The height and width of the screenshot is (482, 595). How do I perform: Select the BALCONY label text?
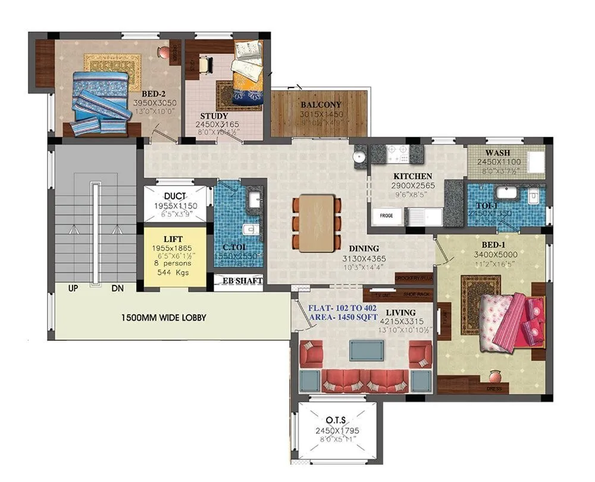click(x=321, y=104)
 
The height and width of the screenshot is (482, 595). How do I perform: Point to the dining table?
click(x=317, y=222)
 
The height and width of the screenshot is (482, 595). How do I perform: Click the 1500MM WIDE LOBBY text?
click(x=164, y=318)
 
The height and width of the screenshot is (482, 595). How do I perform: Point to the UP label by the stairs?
click(x=73, y=288)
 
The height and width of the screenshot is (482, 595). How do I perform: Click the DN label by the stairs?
click(x=118, y=288)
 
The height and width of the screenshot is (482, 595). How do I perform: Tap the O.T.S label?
click(x=337, y=419)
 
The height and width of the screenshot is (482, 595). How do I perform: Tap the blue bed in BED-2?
click(x=101, y=100)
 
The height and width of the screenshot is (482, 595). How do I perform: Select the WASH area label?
click(x=497, y=153)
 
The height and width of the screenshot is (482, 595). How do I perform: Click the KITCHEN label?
click(x=412, y=176)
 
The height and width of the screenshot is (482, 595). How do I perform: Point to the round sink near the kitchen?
click(x=359, y=157)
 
